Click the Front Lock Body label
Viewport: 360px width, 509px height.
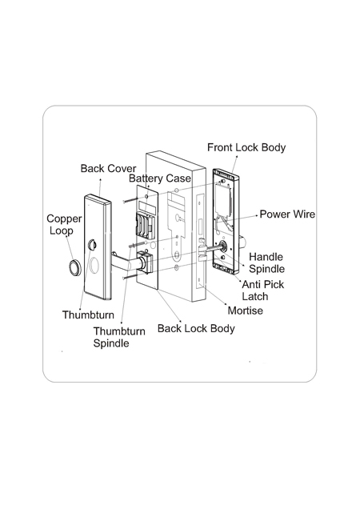click(246, 148)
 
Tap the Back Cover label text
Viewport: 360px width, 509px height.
click(108, 169)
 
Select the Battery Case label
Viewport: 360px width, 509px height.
click(160, 178)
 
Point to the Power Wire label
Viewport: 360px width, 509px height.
click(287, 214)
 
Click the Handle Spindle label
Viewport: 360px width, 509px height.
click(267, 263)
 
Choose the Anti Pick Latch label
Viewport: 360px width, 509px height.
click(263, 291)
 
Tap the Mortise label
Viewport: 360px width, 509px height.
click(246, 311)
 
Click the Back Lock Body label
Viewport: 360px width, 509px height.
click(196, 328)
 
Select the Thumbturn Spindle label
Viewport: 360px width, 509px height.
click(119, 337)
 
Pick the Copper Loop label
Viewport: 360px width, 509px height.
click(64, 225)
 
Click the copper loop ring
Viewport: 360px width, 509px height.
click(74, 268)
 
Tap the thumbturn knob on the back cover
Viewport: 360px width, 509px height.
click(92, 245)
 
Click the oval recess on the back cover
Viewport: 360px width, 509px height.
click(94, 265)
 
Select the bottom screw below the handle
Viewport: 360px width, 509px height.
click(133, 276)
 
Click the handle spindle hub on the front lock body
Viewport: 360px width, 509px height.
click(222, 246)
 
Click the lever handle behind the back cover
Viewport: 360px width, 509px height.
click(126, 262)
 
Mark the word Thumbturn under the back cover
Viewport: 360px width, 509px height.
click(88, 315)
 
